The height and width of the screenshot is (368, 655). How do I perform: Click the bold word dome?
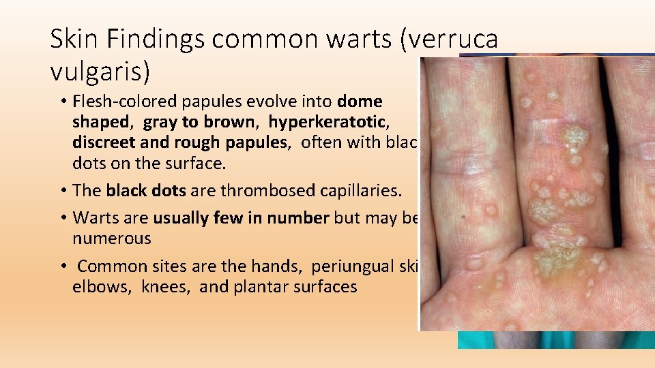[x=360, y=102]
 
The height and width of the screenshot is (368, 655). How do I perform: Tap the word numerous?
[x=112, y=239]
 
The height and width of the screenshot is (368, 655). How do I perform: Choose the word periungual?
[x=351, y=266]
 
